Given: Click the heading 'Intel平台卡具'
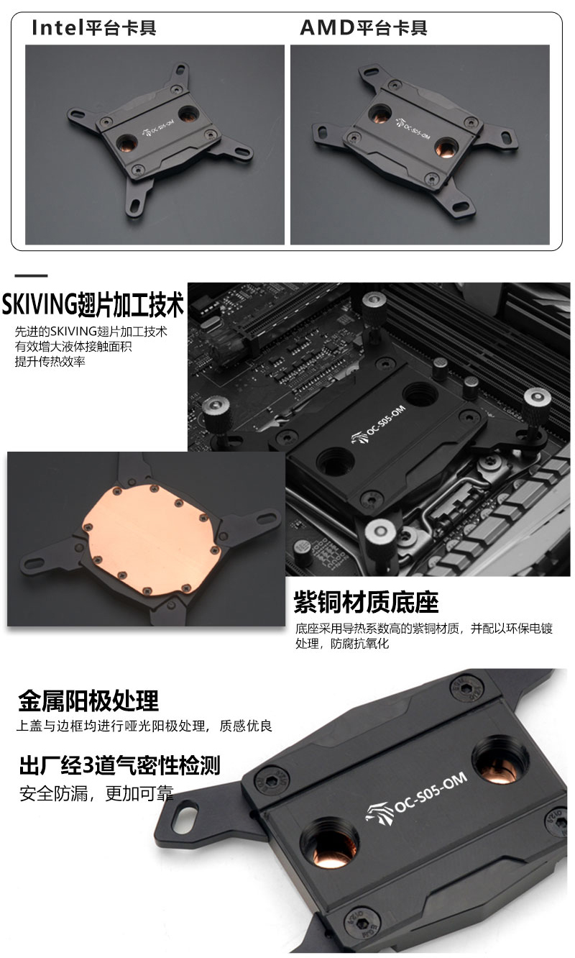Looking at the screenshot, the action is tap(94, 28).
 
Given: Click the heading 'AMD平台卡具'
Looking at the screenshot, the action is tap(364, 28).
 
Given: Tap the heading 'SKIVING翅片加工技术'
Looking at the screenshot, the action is tap(93, 304).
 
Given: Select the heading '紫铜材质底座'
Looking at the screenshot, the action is tap(366, 602).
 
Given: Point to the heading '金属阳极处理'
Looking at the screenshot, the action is tap(88, 701).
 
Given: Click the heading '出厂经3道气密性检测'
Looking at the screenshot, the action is tap(120, 765).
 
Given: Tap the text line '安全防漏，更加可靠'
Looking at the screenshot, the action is tap(96, 794).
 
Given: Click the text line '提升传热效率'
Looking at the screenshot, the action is tap(50, 362).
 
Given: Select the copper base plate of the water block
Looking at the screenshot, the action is tap(152, 539).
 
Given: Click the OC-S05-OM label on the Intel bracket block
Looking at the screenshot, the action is tap(160, 128).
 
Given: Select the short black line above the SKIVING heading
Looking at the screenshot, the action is tap(31, 276).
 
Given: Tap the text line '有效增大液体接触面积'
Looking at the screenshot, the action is tap(73, 347).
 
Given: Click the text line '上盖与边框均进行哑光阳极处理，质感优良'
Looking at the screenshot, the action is tap(144, 726).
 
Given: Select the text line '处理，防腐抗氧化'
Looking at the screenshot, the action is tap(342, 644).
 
